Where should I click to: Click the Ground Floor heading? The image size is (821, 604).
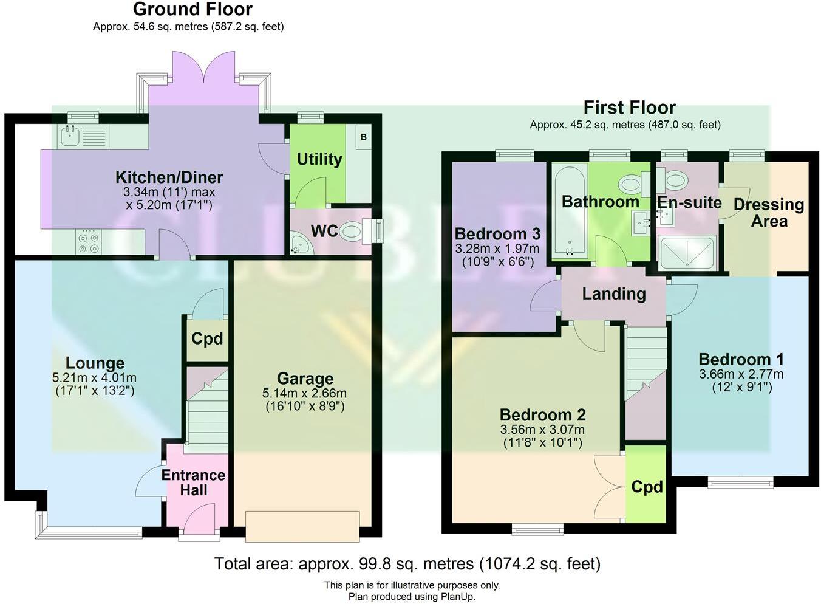pos(192,9)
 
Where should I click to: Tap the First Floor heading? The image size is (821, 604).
pos(629,108)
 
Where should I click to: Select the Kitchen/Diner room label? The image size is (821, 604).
pos(169,177)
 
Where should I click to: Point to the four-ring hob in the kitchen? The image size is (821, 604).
pos(89,243)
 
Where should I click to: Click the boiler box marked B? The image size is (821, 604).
pos(363,137)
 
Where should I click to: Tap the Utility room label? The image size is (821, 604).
pos(319,159)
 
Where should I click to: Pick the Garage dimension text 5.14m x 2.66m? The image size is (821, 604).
pos(305,393)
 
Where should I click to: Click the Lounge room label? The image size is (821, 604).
pos(95,363)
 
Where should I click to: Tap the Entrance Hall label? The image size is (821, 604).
pos(193,482)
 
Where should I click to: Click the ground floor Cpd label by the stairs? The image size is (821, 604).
pos(207,338)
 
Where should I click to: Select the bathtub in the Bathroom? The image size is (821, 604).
pos(568,210)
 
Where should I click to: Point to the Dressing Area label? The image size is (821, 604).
pos(768,213)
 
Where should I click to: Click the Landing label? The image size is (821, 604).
pos(613,294)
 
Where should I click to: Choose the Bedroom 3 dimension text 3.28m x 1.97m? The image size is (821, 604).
pos(497,249)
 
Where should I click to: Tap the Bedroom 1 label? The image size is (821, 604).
pos(741,359)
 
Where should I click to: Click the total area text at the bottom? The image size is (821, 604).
pos(407,564)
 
